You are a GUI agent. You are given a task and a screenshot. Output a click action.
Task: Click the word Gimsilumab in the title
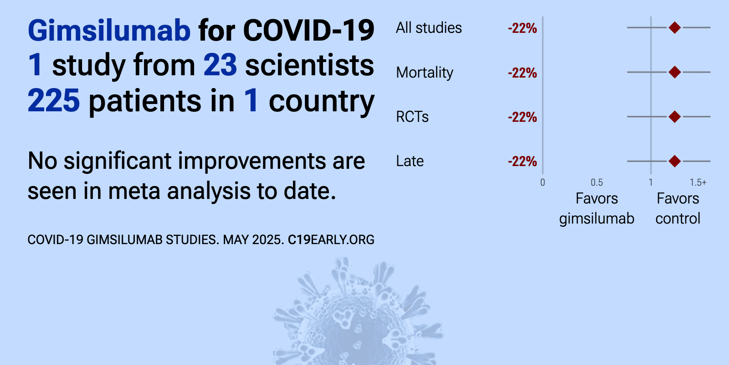[109, 30]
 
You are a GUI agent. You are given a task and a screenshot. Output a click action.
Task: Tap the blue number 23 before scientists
[221, 65]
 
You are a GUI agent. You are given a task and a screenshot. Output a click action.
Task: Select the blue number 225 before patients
[54, 100]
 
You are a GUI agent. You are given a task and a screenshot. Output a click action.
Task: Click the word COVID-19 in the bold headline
[309, 30]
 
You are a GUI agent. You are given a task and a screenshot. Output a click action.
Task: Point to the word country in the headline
[322, 102]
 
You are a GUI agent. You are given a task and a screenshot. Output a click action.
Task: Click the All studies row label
[429, 28]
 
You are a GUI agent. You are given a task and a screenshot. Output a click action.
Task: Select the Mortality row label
[424, 73]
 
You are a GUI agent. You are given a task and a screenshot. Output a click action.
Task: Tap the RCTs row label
[412, 117]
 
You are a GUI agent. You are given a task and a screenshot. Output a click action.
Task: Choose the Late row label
[410, 161]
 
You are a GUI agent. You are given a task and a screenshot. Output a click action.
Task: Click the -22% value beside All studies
[522, 28]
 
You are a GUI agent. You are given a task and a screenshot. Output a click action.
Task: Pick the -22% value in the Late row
[522, 162]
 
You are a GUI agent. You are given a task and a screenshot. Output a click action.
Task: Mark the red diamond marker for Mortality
[675, 72]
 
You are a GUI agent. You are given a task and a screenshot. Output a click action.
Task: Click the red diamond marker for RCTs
[675, 116]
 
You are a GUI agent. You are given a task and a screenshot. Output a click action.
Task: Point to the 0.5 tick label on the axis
[597, 182]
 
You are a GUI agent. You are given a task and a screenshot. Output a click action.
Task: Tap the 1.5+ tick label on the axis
[698, 182]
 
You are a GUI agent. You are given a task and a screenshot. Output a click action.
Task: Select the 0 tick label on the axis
[543, 182]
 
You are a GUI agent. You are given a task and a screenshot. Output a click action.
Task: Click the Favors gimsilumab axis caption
[597, 209]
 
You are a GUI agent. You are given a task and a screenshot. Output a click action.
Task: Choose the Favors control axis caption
[678, 209]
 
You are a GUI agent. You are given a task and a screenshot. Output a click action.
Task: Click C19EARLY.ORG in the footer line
[331, 240]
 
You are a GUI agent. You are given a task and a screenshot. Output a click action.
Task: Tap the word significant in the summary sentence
[118, 161]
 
